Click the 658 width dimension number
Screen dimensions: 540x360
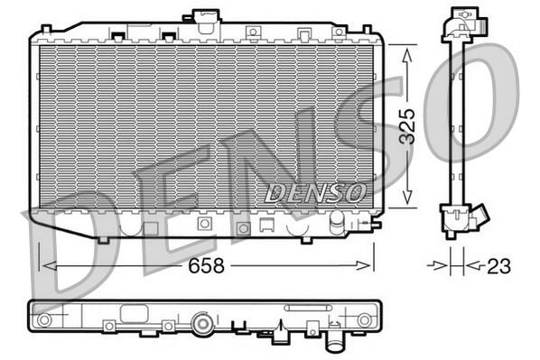point(206,265)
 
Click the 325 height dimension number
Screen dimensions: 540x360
point(407,126)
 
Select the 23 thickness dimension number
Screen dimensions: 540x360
point(498,265)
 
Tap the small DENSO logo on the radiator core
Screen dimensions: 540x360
point(315,193)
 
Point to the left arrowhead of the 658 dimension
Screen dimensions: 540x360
point(50,265)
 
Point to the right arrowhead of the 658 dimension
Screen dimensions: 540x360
point(364,265)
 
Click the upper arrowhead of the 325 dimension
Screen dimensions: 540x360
point(407,55)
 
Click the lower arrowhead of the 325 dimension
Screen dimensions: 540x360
point(407,197)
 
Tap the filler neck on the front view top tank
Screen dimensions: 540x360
point(204,21)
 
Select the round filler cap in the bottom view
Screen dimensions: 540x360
point(203,323)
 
